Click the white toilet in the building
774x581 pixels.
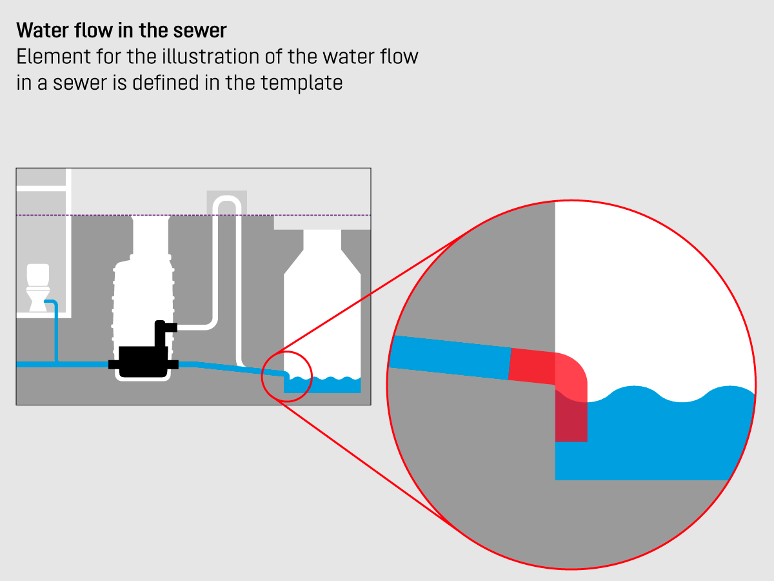(x=37, y=287)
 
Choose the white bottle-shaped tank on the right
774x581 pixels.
(x=322, y=303)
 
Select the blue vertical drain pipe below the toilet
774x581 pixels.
(x=57, y=332)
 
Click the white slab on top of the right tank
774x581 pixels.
(x=322, y=222)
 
